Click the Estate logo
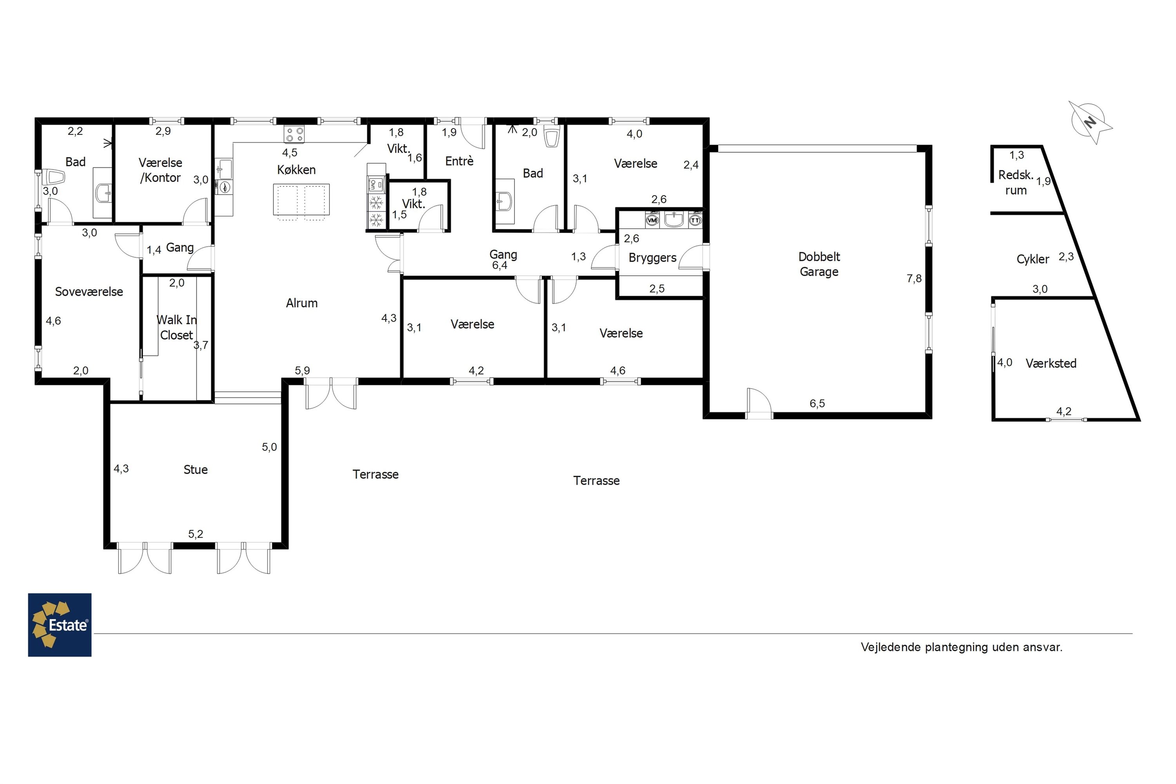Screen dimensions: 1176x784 [x=60, y=624]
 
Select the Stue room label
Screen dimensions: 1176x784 [x=196, y=470]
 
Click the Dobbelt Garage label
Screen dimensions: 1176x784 [x=819, y=264]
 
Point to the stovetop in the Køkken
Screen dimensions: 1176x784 [x=294, y=134]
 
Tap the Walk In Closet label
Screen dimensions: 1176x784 [x=176, y=327]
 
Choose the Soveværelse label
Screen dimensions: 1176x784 [x=89, y=292]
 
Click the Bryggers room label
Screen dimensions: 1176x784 [x=653, y=258]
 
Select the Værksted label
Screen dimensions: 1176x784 [x=1051, y=363]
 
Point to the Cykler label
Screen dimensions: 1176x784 [x=1033, y=259]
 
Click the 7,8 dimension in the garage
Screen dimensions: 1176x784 [x=914, y=278]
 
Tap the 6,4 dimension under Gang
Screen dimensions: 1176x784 [x=499, y=265]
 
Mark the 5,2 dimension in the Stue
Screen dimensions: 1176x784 [x=196, y=534]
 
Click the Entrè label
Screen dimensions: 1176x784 [x=459, y=161]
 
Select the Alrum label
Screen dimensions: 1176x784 [x=301, y=303]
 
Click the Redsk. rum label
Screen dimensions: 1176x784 [x=1016, y=183]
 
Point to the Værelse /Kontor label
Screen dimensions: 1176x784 [x=160, y=170]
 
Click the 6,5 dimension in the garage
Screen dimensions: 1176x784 [x=817, y=403]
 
